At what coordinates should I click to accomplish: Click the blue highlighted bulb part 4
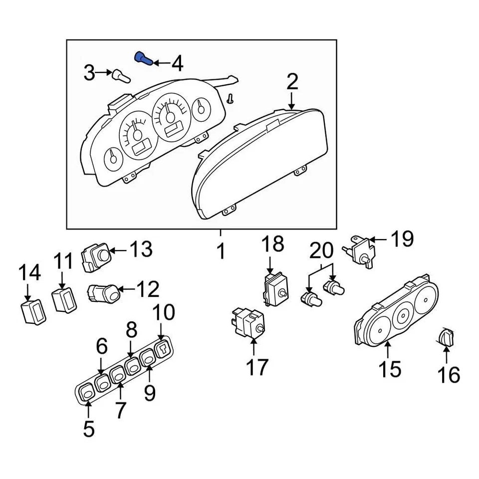point(143,58)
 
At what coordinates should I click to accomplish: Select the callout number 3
point(89,73)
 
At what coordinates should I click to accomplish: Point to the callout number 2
point(292,82)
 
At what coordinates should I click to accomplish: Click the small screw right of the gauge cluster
point(230,98)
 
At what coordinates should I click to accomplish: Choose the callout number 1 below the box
point(221,252)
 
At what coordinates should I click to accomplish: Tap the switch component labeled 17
point(247,323)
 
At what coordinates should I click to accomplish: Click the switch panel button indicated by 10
point(163,349)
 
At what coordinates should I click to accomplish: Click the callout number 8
point(131,330)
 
